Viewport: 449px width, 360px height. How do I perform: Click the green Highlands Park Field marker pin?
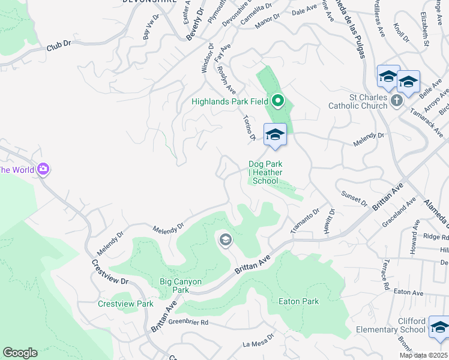pos(277,101)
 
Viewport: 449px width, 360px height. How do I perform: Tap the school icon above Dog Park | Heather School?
pos(275,134)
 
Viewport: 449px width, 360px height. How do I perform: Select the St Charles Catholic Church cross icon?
pos(396,101)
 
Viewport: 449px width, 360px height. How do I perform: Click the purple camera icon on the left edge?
pos(43,169)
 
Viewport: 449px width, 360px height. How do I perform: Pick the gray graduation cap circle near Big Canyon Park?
pos(225,241)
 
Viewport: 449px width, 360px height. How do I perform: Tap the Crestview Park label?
pos(125,304)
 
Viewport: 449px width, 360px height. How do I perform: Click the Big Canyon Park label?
pos(181,286)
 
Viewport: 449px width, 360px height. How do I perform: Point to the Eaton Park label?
pos(298,301)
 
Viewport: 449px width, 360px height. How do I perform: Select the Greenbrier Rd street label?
pos(188,322)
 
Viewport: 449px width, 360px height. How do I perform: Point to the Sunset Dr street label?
pos(354,199)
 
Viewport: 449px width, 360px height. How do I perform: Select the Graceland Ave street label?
pos(399,214)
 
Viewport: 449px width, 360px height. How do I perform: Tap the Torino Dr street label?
pos(250,128)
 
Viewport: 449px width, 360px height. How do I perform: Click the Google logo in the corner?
pos(20,352)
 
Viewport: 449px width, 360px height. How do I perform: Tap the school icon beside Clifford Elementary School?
pos(439,328)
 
